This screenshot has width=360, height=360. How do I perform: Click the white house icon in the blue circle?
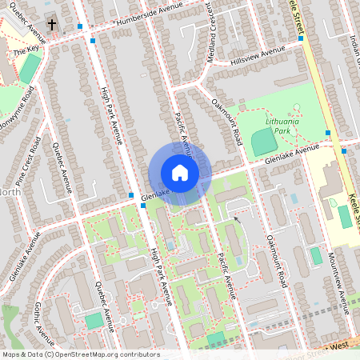[180, 173]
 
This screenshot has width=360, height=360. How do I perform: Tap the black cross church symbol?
[52, 25]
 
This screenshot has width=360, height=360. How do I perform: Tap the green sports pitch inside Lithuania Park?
[262, 143]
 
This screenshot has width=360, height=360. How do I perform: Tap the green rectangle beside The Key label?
[29, 70]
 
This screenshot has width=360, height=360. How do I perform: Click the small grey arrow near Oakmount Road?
[235, 218]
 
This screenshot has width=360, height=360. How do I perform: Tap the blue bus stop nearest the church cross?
[80, 26]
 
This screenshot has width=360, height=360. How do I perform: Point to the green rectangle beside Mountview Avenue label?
[316, 255]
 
